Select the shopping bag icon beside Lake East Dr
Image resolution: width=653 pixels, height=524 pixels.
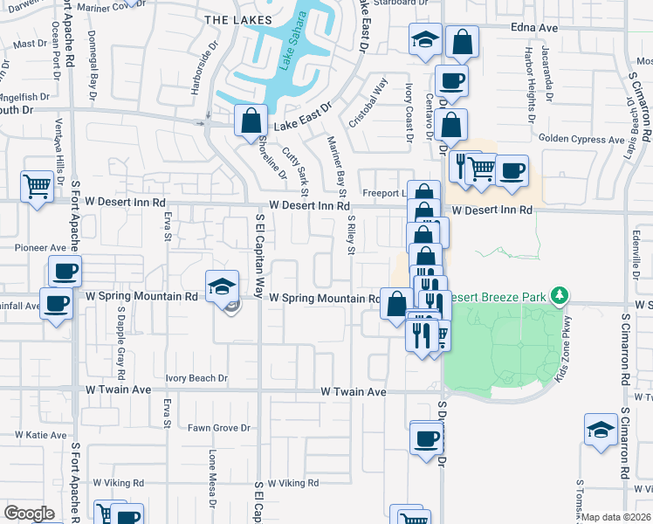pos(251,121)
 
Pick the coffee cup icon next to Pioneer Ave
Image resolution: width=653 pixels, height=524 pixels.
pos(65,271)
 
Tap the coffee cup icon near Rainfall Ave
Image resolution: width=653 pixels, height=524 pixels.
pos(57,305)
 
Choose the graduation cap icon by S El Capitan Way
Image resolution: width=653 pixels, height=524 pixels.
pos(222,285)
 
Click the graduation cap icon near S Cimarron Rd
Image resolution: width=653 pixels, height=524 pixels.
pos(601,430)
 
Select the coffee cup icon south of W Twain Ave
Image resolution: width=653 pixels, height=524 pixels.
pos(426,438)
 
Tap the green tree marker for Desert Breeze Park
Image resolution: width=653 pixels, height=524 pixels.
pos(559,298)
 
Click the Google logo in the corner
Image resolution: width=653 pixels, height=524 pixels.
pos(28,514)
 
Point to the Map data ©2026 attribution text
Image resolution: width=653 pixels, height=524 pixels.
pos(616,517)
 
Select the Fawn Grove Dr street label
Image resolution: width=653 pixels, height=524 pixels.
pos(219,428)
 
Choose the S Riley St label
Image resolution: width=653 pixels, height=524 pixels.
pos(351,236)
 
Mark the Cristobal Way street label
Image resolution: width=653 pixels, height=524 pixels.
pos(368,101)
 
